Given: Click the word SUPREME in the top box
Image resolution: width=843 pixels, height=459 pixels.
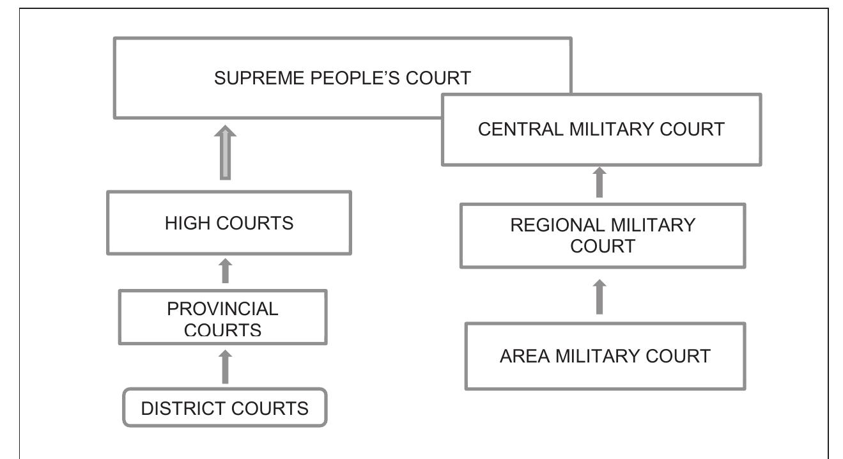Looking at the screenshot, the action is tap(259, 79).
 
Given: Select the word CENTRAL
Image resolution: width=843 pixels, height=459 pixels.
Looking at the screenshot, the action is tap(521, 130).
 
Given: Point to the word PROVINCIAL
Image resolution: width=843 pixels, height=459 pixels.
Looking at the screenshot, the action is tap(223, 309).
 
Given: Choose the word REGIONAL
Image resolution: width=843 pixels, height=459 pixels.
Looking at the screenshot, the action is tap(558, 225).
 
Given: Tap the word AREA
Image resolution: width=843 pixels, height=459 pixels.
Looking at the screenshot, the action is tap(525, 356).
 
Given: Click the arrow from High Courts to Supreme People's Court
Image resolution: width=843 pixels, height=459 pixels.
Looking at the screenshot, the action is tap(225, 153).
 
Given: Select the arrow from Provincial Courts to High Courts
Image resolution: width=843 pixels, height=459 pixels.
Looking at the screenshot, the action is tap(225, 270).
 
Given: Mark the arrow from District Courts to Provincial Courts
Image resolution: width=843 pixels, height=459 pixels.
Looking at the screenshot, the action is tap(225, 367).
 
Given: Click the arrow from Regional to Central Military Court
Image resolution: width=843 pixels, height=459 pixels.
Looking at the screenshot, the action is tap(599, 182).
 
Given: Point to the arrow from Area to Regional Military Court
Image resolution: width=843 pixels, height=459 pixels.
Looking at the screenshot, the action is tap(599, 297).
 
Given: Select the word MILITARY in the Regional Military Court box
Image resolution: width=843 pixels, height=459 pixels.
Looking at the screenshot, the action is tap(653, 225).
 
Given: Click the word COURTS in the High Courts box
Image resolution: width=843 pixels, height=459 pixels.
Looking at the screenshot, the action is tap(255, 223).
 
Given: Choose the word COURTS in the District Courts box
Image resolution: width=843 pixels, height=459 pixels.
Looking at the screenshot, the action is tap(270, 408).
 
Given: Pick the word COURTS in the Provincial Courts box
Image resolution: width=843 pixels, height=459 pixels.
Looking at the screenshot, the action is tap(223, 331).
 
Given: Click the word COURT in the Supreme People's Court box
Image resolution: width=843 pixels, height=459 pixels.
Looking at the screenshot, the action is tap(438, 79).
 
